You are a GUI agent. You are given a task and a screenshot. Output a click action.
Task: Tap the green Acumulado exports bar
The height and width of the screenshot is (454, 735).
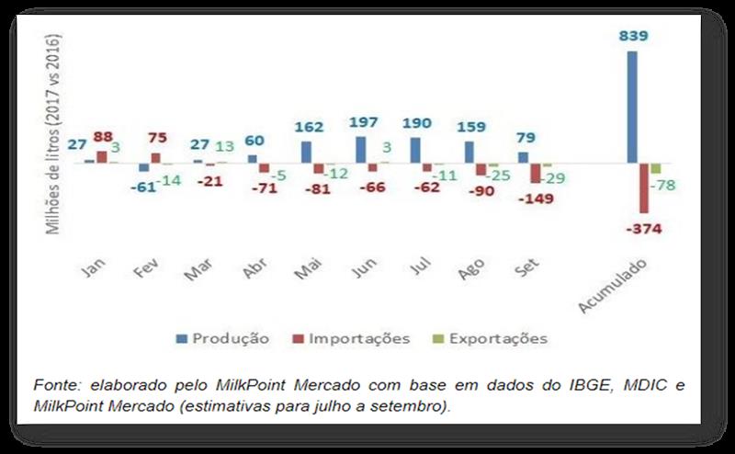pos(656,168)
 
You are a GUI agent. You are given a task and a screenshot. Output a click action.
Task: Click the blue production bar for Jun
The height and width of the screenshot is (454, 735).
pos(360,150)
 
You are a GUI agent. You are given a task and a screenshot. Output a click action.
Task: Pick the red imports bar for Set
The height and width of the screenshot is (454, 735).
pos(535,173)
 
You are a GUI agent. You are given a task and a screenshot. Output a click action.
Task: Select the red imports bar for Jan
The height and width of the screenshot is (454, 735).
pos(102,157)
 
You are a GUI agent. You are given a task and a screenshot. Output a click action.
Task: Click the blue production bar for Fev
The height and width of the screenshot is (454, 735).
pos(143,167)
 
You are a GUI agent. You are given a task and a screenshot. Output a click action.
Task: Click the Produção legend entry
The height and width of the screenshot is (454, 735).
pos(222,338)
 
